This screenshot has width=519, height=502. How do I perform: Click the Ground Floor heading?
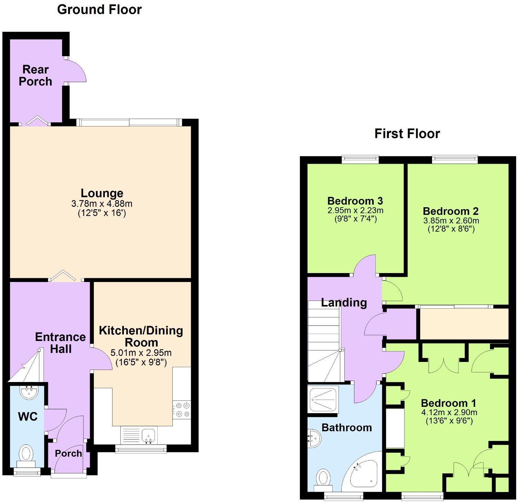pos(99,10)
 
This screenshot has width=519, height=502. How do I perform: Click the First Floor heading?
pos(407,133)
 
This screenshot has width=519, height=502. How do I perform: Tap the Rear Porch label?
pos(35,76)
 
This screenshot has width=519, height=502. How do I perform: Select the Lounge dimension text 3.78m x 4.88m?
pos(102,204)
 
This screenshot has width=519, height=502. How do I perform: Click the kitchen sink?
pos(149,435)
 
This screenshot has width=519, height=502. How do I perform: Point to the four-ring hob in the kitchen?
pos(182,410)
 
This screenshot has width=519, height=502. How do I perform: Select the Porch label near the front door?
pos(68,453)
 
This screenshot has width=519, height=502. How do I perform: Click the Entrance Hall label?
pos(60,343)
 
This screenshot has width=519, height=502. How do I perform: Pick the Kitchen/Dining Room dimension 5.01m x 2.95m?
pos(141,353)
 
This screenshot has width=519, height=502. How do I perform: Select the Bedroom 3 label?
pos(355,201)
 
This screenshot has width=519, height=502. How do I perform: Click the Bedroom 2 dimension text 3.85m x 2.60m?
pos(451,221)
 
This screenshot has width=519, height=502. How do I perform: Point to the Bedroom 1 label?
pos(449,403)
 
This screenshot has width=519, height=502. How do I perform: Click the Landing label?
pos(344,303)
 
